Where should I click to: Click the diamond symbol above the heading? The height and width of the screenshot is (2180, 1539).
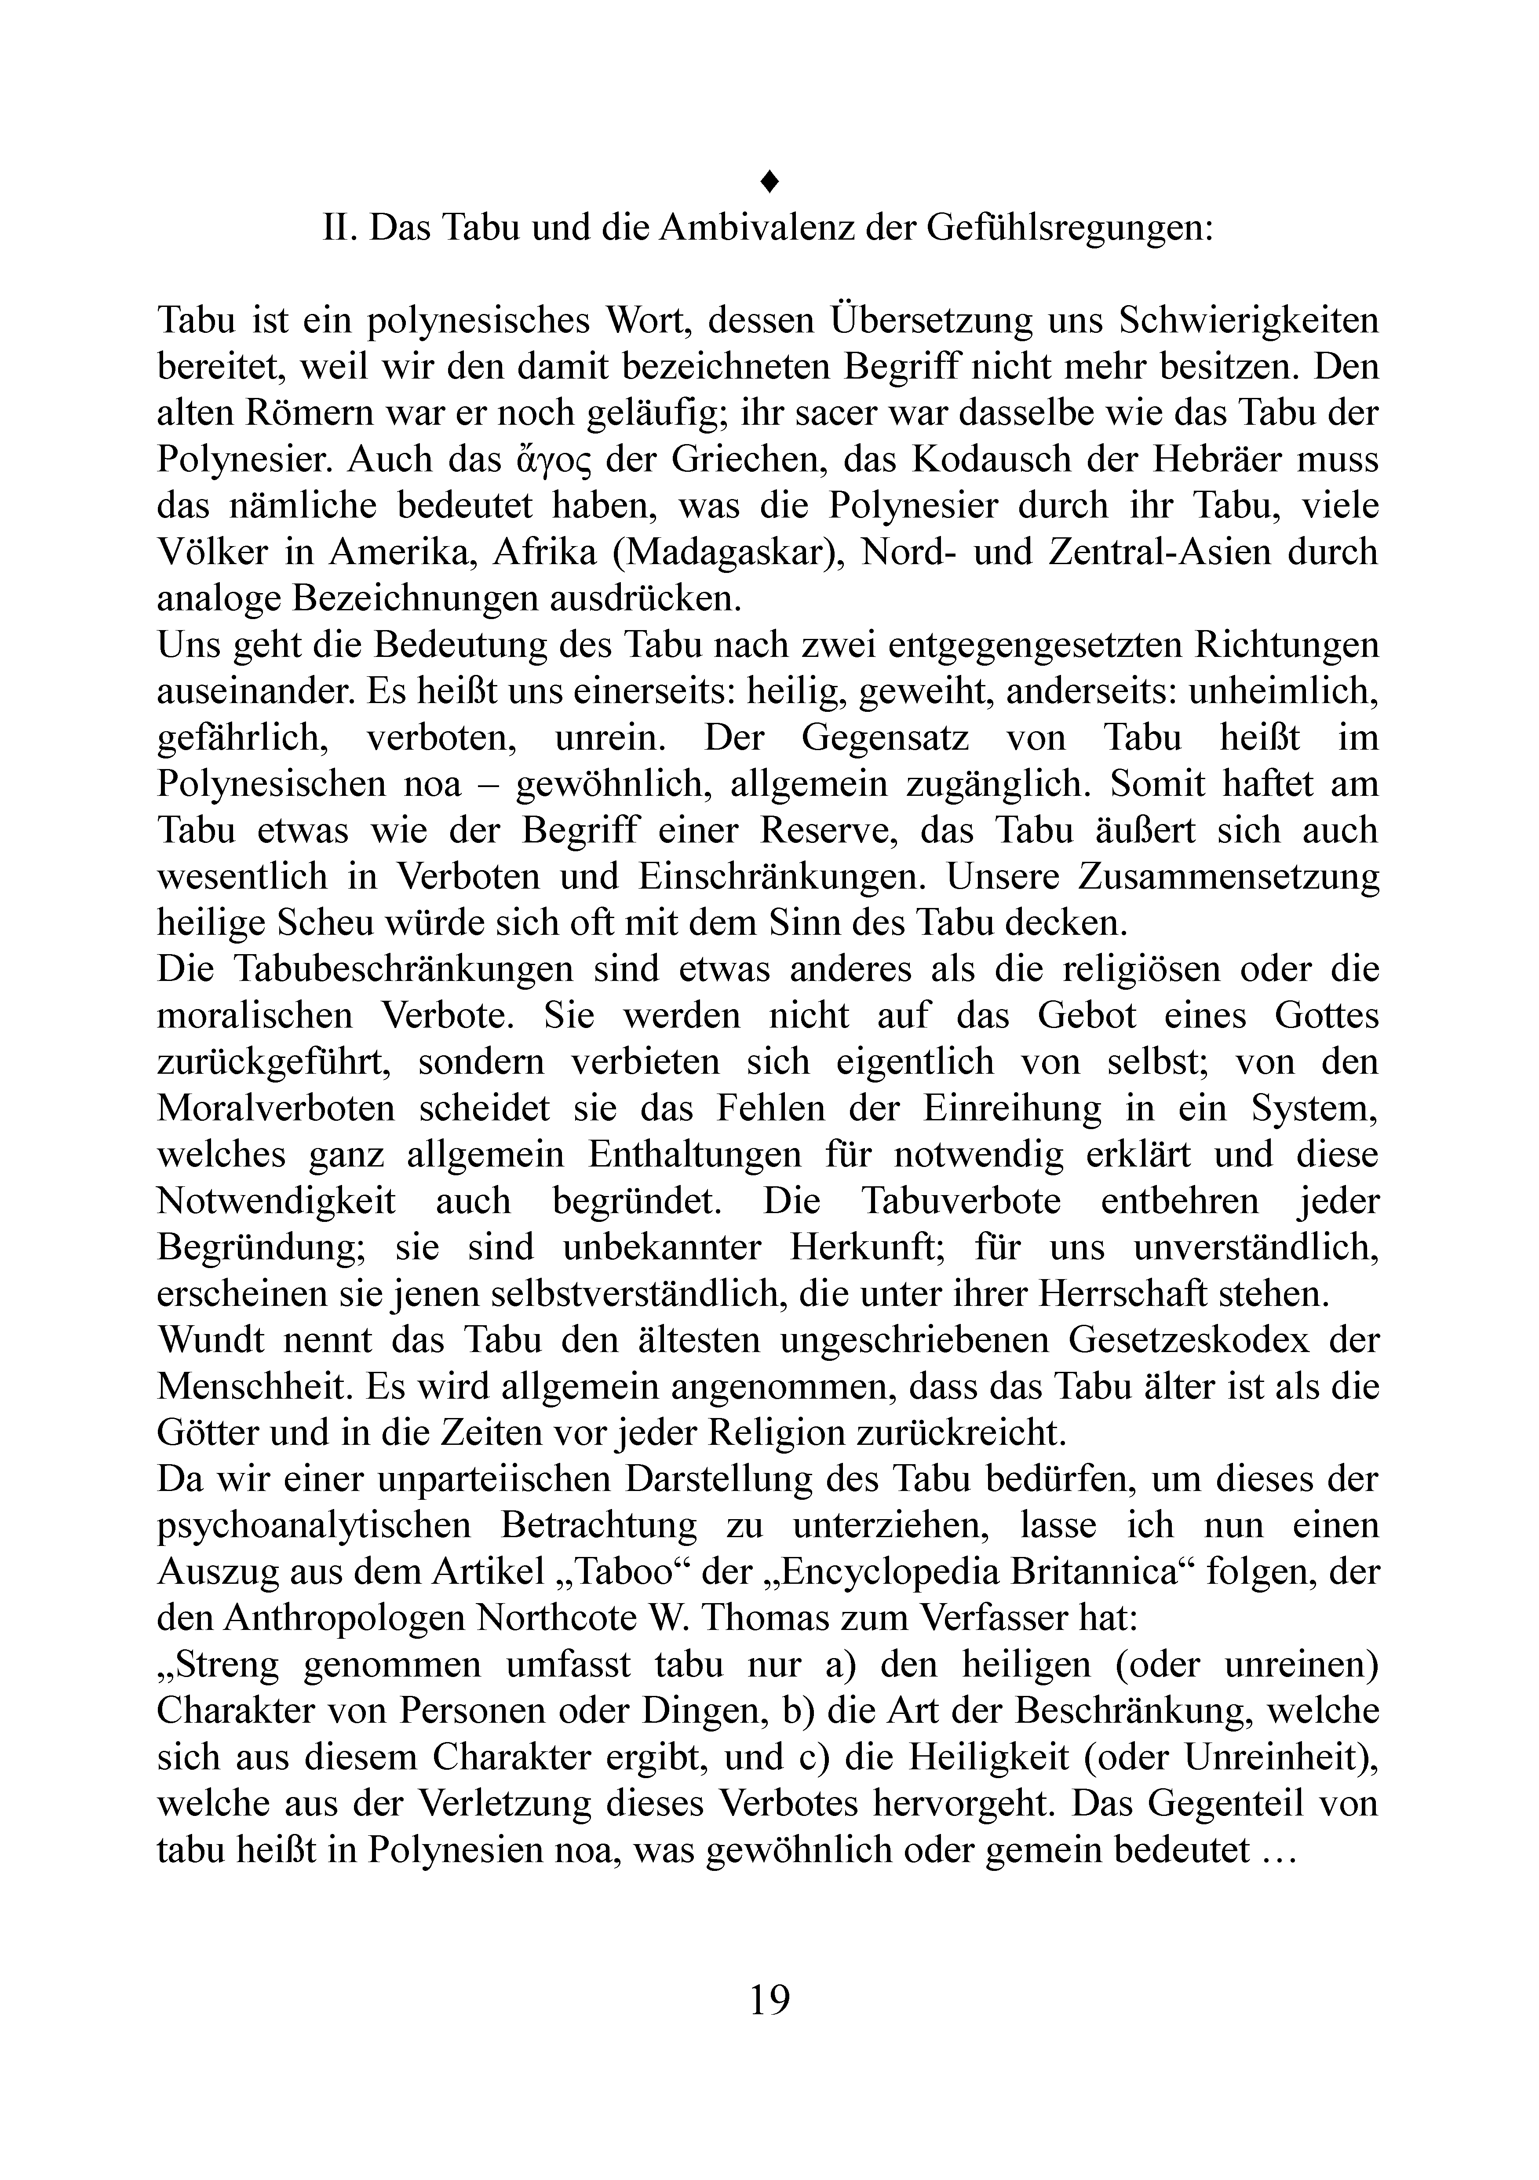(x=770, y=179)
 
